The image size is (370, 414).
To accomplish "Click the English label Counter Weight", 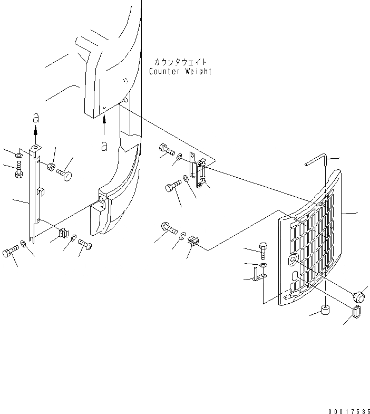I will (180, 71).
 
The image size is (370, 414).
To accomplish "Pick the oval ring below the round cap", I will (357, 312).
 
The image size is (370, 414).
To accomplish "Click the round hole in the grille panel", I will (293, 259).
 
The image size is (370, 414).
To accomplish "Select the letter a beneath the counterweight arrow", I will (104, 146).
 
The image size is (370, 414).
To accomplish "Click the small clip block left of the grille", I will (192, 242).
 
